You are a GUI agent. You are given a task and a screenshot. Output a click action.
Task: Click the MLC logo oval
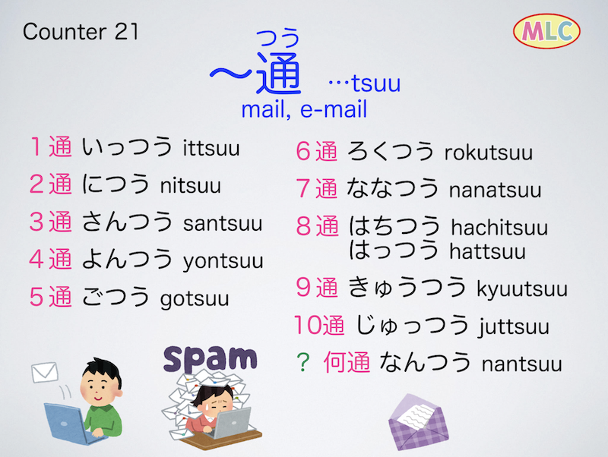tap(546, 31)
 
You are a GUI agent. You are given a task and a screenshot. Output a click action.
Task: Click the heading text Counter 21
tap(81, 31)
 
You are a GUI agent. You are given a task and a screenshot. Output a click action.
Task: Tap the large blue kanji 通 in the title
tap(279, 73)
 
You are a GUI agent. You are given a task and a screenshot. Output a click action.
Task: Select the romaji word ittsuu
tap(211, 148)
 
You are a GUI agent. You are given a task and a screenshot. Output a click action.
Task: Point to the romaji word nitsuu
tap(191, 185)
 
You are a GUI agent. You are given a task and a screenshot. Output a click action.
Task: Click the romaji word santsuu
tap(223, 223)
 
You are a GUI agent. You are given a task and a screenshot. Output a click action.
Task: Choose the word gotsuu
tap(195, 299)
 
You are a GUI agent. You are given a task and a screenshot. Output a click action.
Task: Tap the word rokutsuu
tap(489, 153)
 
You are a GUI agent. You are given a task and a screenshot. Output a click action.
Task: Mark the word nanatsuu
tap(496, 190)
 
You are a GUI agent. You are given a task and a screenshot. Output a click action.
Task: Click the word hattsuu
tap(488, 252)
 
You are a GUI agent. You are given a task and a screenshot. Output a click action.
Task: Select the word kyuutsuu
tap(522, 290)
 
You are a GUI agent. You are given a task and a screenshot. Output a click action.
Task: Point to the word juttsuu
tap(514, 327)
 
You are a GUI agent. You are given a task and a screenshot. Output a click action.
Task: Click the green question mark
tap(302, 362)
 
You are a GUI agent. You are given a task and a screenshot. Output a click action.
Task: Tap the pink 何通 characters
tap(347, 362)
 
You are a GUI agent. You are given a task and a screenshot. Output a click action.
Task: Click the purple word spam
tap(211, 359)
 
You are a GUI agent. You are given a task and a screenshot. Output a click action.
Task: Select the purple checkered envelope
tap(418, 423)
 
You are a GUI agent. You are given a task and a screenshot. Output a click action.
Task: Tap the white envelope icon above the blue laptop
tap(45, 372)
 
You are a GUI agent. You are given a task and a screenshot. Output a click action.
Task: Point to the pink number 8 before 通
tap(304, 226)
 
